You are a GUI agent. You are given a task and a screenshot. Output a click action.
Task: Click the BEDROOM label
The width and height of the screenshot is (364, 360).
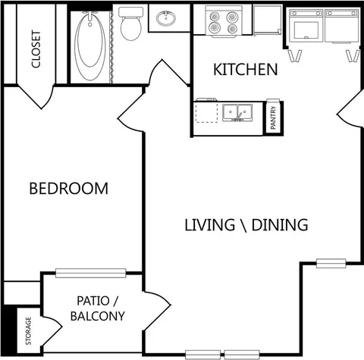[x=69, y=189]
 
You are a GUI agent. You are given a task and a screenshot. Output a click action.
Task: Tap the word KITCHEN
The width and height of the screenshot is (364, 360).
[x=246, y=70]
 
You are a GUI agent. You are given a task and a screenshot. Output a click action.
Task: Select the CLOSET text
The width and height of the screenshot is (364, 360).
[x=36, y=49]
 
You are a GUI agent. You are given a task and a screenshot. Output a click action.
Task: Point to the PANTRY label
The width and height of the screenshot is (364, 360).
[x=273, y=117]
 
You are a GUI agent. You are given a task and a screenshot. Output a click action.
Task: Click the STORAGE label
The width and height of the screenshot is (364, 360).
[x=28, y=331]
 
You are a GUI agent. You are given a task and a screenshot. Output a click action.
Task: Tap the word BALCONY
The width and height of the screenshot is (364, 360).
[x=98, y=316]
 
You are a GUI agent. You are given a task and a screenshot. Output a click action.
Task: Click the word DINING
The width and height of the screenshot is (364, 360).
[x=280, y=225]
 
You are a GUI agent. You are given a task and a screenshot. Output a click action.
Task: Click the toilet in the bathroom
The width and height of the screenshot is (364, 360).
[x=130, y=23]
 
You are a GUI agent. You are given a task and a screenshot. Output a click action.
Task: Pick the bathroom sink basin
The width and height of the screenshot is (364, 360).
[x=166, y=18]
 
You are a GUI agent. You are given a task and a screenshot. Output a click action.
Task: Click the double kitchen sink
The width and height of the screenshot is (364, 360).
[x=237, y=112]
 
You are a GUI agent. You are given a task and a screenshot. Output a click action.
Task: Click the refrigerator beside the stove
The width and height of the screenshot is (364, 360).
[x=268, y=20]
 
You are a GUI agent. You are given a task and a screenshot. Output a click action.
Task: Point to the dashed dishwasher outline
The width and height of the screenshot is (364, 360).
[x=206, y=112]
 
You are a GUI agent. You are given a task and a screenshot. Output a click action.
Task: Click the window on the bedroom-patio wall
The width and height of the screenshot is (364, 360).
[x=90, y=273]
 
